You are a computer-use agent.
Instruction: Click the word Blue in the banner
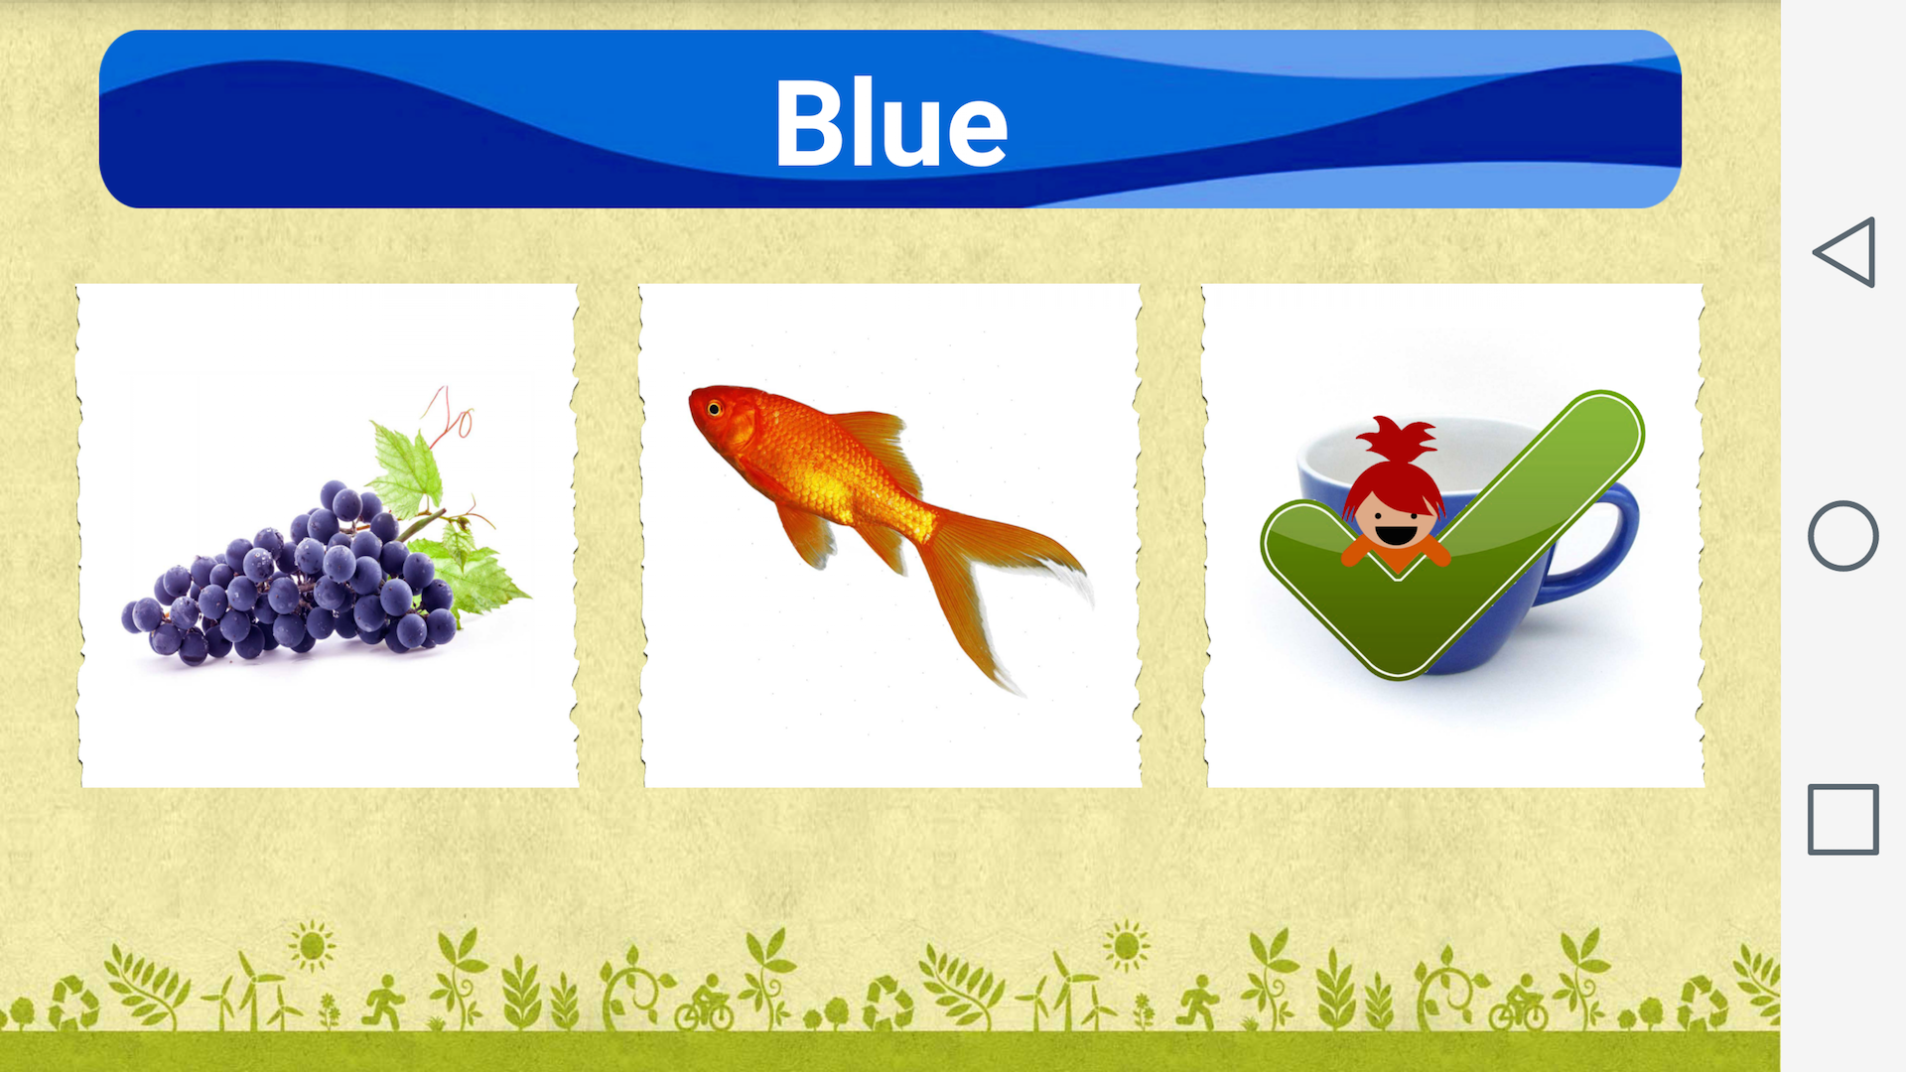point(890,124)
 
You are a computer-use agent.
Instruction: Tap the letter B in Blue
point(808,124)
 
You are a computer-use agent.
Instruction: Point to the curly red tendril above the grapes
point(452,412)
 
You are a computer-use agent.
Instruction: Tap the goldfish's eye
point(714,408)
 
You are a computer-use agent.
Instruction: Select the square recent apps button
point(1843,819)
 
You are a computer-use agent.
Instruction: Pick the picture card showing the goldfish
point(890,536)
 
